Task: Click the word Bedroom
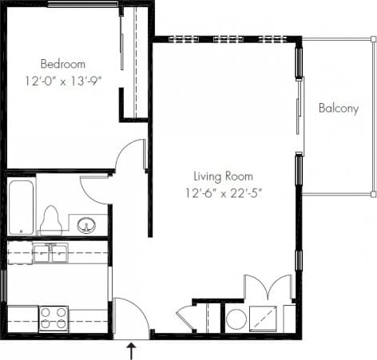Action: (x=63, y=64)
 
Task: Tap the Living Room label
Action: (x=223, y=176)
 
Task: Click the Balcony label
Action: (x=338, y=109)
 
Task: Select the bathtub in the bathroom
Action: (x=21, y=207)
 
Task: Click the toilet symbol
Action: (x=52, y=220)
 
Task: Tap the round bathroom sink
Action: (x=86, y=225)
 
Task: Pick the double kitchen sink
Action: (x=50, y=253)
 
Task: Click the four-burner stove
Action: (x=54, y=318)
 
